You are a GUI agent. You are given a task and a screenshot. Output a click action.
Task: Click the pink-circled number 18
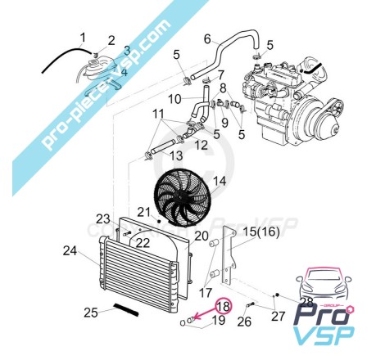pyautogui.click(x=224, y=306)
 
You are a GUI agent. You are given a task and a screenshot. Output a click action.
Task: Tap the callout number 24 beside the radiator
pyautogui.click(x=70, y=251)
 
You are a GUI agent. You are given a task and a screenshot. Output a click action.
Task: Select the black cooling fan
pyautogui.click(x=182, y=197)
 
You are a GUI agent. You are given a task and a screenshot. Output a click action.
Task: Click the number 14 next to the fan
pyautogui.click(x=220, y=182)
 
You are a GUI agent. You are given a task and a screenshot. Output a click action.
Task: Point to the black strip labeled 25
pyautogui.click(x=127, y=310)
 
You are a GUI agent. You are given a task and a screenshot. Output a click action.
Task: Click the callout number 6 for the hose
pyautogui.click(x=207, y=39)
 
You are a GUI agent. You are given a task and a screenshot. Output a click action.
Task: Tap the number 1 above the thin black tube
pyautogui.click(x=83, y=38)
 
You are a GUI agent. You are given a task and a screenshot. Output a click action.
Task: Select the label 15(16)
pyautogui.click(x=261, y=232)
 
